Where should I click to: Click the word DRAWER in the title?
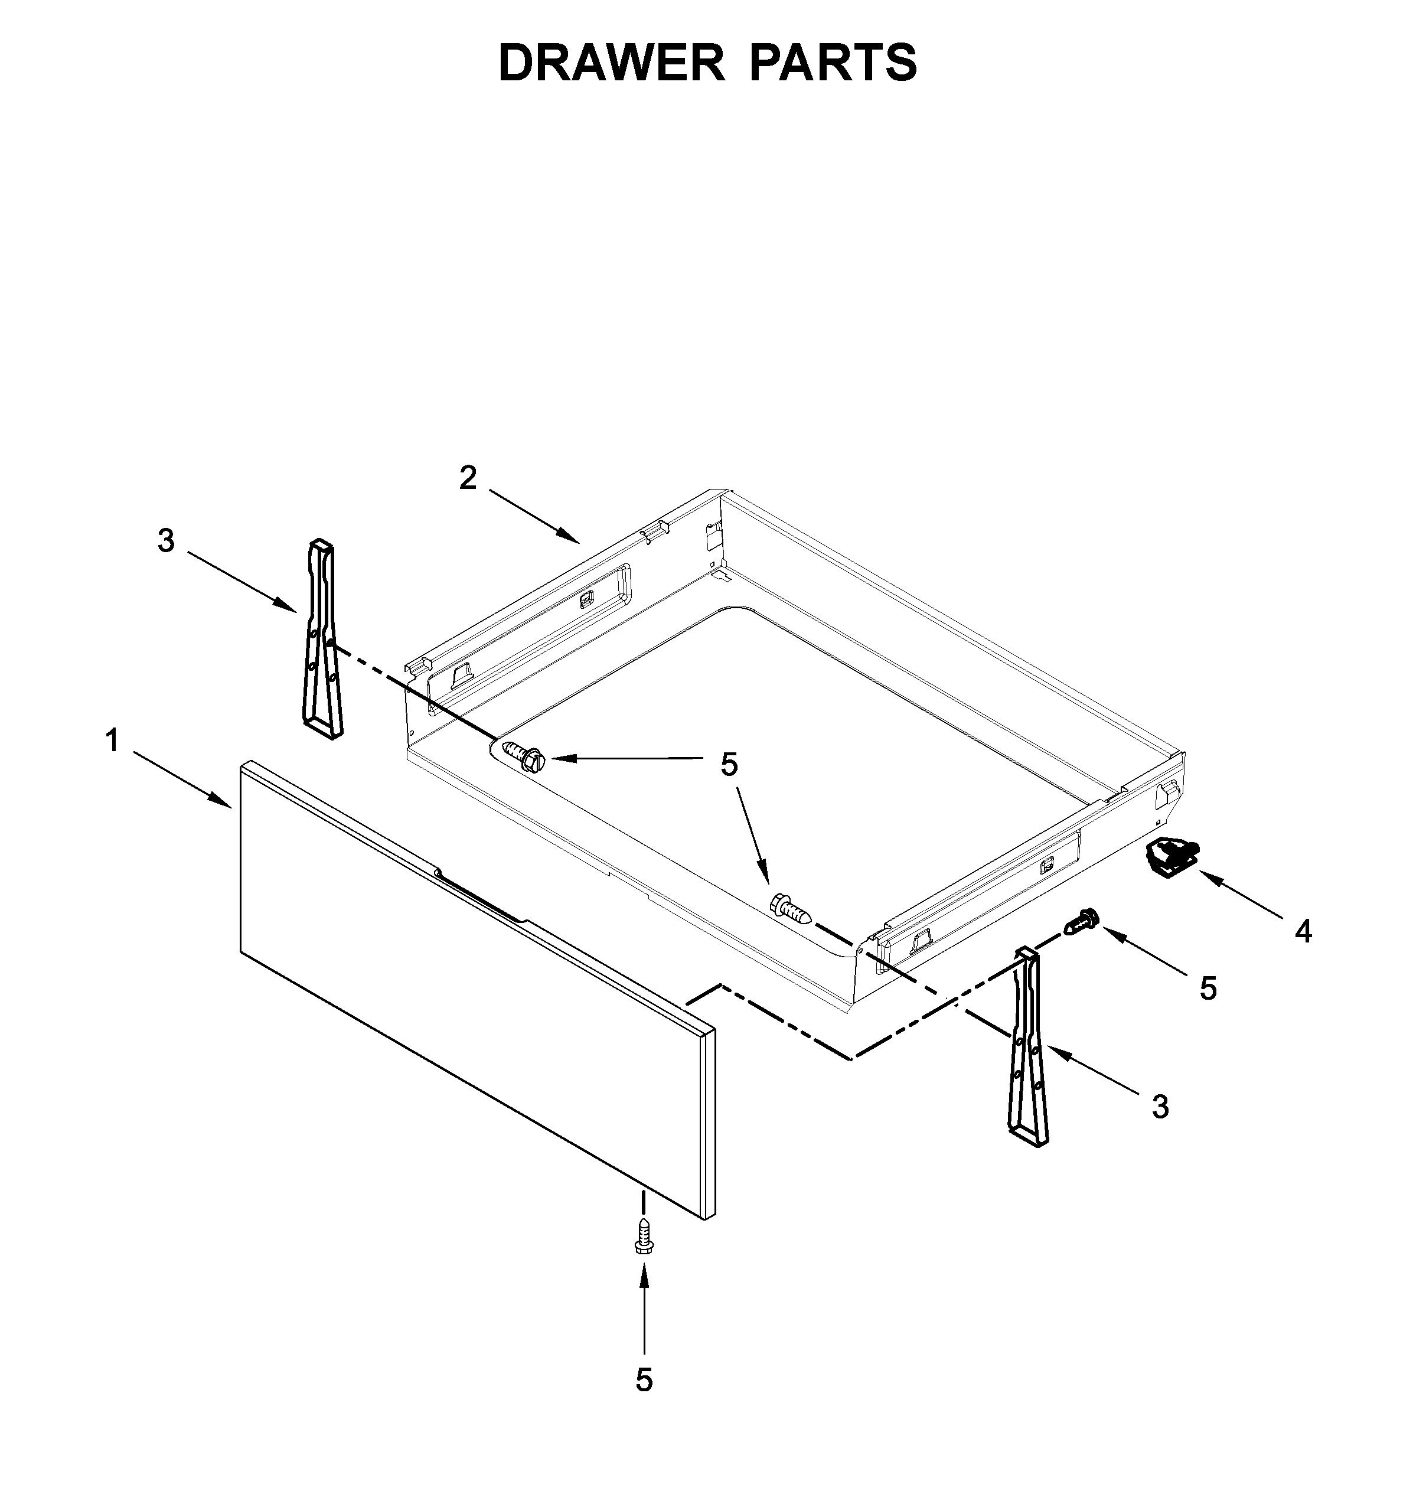coord(612,63)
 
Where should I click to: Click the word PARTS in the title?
coord(834,63)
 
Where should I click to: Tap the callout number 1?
coord(113,740)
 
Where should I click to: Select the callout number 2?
coord(468,478)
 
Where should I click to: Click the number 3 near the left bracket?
coord(166,542)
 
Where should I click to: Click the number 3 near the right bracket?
coord(1160,1107)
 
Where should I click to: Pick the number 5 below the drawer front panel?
coord(644,1379)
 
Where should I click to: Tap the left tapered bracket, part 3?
coord(322,639)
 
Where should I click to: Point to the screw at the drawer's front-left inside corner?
coord(524,756)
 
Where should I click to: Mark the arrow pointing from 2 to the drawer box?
coord(534,516)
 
